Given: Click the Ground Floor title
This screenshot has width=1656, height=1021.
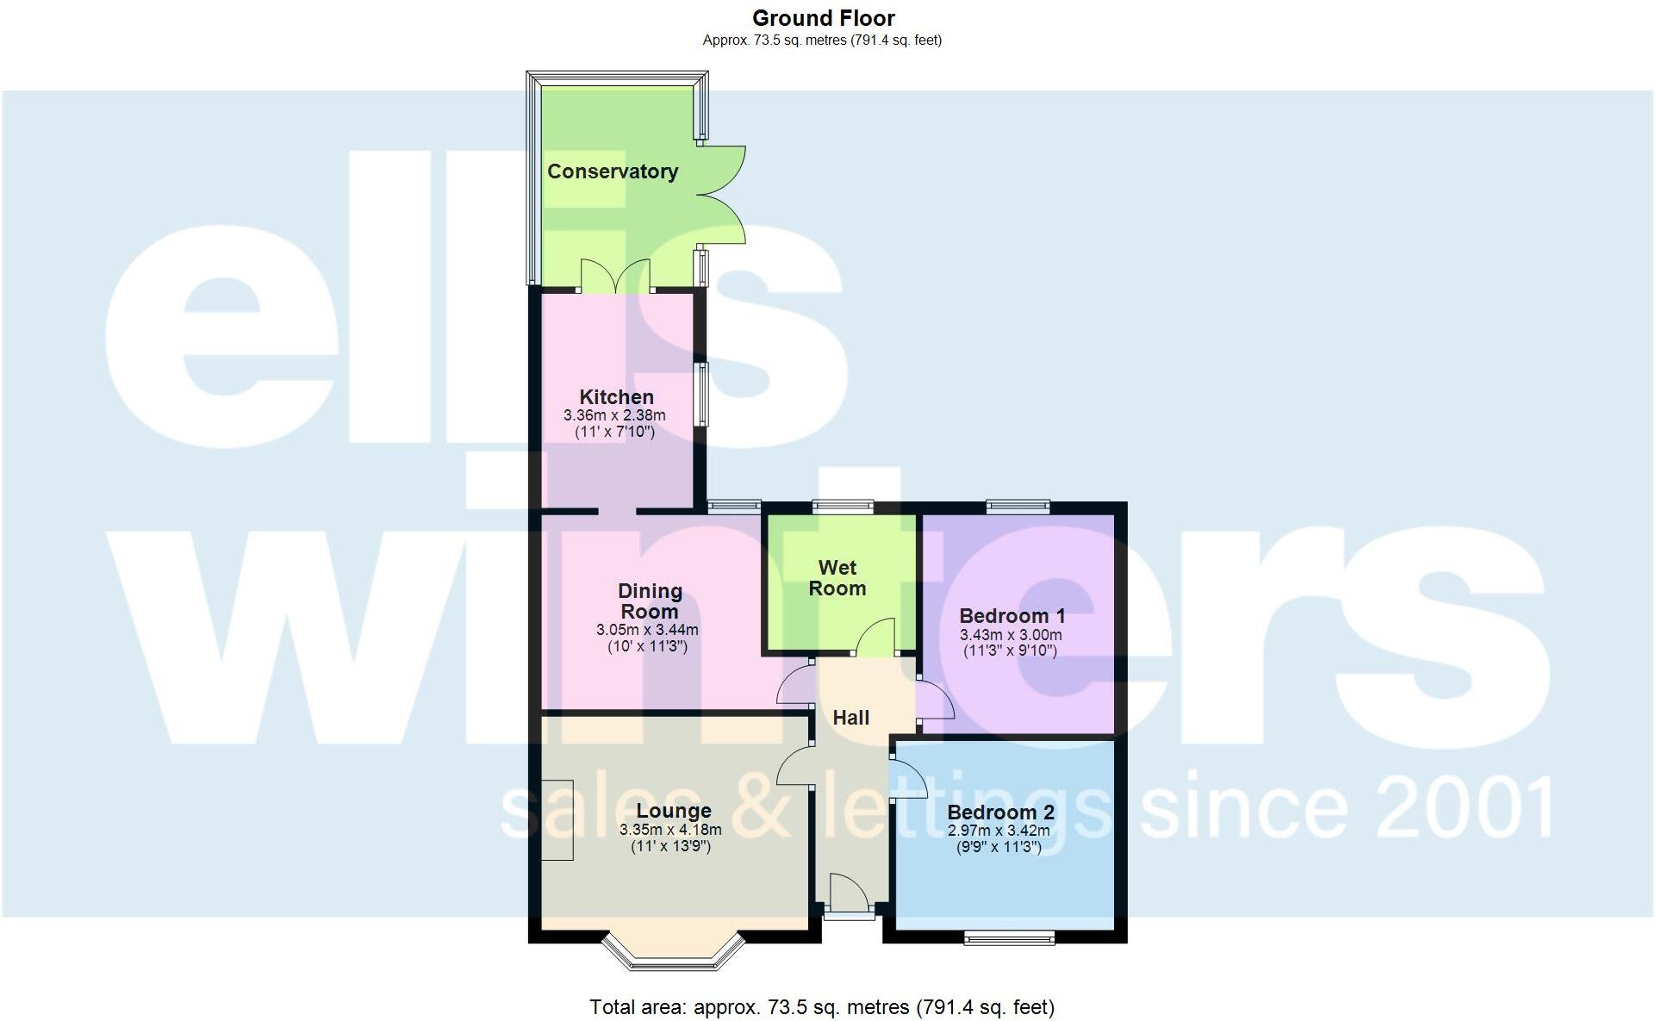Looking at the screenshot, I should [823, 18].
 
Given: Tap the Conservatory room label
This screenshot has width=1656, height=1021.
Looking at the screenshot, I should [613, 171].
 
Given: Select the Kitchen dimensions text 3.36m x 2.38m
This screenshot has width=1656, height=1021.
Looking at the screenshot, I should [614, 415].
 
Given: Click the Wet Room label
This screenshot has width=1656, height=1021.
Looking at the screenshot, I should [837, 578].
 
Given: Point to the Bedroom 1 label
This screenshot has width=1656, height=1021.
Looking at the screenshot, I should [1012, 616].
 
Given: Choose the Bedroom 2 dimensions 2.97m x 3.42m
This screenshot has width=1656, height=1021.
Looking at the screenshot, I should [999, 831].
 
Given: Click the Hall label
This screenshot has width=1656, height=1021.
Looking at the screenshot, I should [850, 718].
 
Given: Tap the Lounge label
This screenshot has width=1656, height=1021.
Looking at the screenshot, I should [674, 811].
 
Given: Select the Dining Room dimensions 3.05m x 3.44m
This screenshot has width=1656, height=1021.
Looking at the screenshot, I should [647, 630].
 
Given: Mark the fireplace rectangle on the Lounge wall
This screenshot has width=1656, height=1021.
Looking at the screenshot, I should [557, 820].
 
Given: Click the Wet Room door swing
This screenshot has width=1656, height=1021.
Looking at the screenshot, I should [876, 637].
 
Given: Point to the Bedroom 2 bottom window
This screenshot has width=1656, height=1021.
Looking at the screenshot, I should [1009, 937].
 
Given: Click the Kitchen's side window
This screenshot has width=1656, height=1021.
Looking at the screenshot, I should [703, 395].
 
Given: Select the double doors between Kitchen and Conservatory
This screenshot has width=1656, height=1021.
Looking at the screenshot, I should [615, 277].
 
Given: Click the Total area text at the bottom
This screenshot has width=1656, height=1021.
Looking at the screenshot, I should [822, 1006].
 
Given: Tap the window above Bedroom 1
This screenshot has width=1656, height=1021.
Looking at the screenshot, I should [1018, 507].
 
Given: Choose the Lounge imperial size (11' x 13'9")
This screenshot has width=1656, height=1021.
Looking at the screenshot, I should [670, 846].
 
